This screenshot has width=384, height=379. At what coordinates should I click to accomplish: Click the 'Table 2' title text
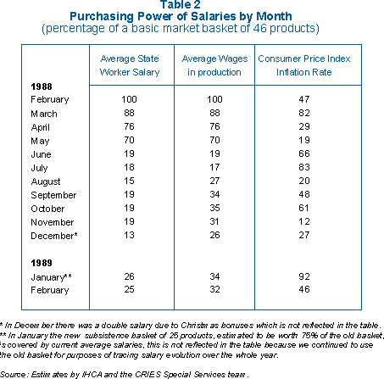click(181, 4)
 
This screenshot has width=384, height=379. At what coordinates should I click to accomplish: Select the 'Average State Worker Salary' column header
click(130, 65)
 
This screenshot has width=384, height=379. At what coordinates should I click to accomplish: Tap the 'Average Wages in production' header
click(214, 65)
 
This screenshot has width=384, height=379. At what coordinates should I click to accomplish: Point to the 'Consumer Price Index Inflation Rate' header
click(304, 65)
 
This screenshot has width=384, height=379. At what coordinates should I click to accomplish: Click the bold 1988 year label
click(42, 86)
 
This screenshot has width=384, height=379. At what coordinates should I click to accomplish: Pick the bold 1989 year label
click(42, 263)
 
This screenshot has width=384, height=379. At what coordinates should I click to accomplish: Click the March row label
click(44, 114)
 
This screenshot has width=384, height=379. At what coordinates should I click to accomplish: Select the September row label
click(53, 195)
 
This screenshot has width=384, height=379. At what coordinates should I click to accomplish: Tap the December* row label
click(54, 236)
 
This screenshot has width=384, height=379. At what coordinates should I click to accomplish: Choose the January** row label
click(51, 277)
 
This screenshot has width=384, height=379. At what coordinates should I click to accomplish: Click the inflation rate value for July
click(304, 167)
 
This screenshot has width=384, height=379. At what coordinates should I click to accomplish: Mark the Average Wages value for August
click(214, 181)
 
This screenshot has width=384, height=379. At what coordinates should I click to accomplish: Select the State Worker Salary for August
click(129, 181)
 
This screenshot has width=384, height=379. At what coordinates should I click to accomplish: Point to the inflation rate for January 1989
click(304, 276)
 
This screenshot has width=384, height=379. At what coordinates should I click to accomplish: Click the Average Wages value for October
click(214, 208)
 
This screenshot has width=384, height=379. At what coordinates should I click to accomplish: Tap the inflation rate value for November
click(304, 221)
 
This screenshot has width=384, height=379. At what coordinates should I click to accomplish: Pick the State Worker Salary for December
click(129, 235)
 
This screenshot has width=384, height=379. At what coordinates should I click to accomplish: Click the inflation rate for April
click(304, 126)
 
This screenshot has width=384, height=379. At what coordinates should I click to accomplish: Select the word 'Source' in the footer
click(13, 375)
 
